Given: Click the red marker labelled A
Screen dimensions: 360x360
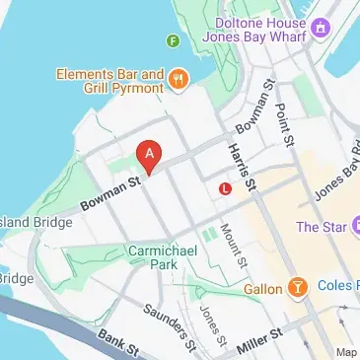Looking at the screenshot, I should pyautogui.click(x=149, y=156).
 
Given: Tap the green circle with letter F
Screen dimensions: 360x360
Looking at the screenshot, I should pyautogui.click(x=173, y=40).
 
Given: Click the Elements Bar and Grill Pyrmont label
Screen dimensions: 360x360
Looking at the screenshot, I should pyautogui.click(x=109, y=80).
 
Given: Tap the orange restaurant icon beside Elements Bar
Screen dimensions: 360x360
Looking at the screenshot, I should pyautogui.click(x=179, y=78).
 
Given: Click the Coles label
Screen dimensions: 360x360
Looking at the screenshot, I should pyautogui.click(x=339, y=287).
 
